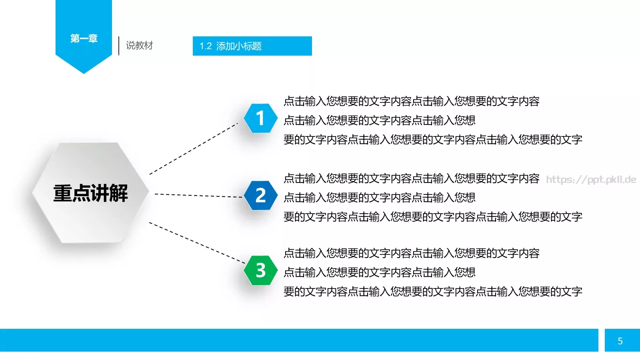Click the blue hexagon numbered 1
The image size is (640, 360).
[x=260, y=118]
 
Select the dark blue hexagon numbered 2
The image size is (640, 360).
[x=260, y=195]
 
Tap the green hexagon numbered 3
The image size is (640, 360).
[x=260, y=270]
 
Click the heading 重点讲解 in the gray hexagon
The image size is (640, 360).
[x=91, y=193]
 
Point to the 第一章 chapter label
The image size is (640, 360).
[x=84, y=38]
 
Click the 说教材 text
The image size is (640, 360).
[x=140, y=46]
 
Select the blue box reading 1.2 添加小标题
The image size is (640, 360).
[x=252, y=46]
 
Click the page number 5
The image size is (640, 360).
[x=620, y=341]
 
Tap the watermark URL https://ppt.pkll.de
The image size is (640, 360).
[x=591, y=180]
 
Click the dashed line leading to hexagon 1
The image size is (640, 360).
[x=194, y=148]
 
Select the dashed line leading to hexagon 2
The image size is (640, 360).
[x=198, y=195]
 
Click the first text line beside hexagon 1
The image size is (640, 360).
[x=411, y=101]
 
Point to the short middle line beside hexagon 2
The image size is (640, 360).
[x=379, y=198]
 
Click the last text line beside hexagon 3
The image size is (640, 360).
[x=433, y=292]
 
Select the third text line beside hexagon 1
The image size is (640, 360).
[x=433, y=140]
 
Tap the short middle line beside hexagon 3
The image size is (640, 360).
[x=379, y=272]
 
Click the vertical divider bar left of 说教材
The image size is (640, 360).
[x=119, y=46]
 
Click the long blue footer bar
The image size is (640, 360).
[x=299, y=340]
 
